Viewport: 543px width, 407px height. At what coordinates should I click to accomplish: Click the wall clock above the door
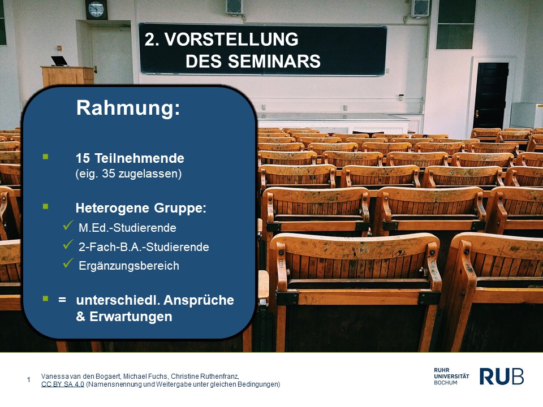pyautogui.click(x=96, y=10)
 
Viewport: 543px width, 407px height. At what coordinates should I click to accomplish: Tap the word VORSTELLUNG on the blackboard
pyautogui.click(x=231, y=40)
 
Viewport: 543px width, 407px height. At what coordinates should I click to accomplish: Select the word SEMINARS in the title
pyautogui.click(x=274, y=62)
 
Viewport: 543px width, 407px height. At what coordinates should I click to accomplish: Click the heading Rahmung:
pyautogui.click(x=128, y=107)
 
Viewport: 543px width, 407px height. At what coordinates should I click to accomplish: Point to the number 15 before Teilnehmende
pyautogui.click(x=83, y=158)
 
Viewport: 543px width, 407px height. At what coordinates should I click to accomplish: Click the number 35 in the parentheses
pyautogui.click(x=109, y=174)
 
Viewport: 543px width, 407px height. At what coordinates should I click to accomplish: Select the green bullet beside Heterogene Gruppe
pyautogui.click(x=45, y=207)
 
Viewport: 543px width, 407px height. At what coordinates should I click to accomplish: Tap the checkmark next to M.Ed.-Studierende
pyautogui.click(x=68, y=226)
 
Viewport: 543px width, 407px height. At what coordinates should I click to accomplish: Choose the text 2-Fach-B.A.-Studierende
pyautogui.click(x=144, y=247)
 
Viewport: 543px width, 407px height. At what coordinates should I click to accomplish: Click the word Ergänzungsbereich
pyautogui.click(x=129, y=266)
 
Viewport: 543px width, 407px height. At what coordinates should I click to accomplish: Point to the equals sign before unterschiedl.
pyautogui.click(x=62, y=300)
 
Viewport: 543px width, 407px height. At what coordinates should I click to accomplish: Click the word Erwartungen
pyautogui.click(x=131, y=317)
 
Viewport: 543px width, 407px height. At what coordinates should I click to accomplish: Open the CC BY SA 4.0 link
pyautogui.click(x=63, y=384)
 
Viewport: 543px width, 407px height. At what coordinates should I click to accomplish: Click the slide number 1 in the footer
pyautogui.click(x=29, y=380)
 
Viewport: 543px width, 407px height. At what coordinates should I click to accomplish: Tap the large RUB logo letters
pyautogui.click(x=502, y=376)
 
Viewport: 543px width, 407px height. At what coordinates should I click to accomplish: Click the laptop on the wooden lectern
pyautogui.click(x=59, y=61)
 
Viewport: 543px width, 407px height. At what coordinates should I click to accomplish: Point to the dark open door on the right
pyautogui.click(x=491, y=96)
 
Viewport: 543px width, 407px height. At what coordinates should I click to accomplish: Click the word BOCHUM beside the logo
pyautogui.click(x=445, y=383)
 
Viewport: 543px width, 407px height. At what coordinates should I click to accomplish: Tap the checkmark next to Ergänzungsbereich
pyautogui.click(x=68, y=263)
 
